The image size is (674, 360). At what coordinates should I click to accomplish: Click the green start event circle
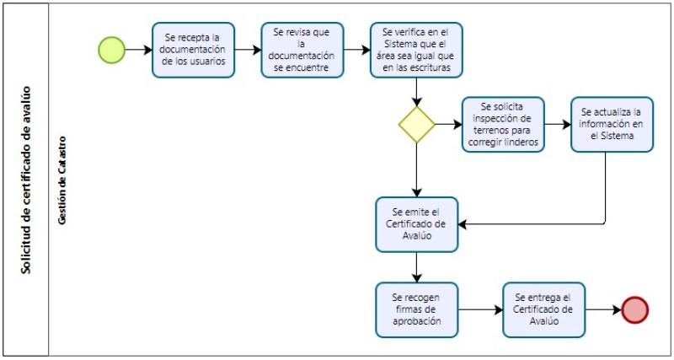click(x=111, y=50)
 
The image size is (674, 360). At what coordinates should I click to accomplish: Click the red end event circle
click(x=634, y=309)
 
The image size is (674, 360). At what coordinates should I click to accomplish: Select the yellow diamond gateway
click(x=417, y=125)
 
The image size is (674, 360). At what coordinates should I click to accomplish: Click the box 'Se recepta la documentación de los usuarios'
click(x=193, y=50)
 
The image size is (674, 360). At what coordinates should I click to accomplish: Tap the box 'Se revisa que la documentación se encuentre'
click(x=302, y=50)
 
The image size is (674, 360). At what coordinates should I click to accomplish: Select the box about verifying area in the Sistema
click(x=416, y=50)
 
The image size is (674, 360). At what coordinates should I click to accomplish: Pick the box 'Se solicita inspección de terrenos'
click(x=503, y=125)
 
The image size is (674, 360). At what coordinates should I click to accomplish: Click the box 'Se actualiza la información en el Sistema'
click(x=612, y=125)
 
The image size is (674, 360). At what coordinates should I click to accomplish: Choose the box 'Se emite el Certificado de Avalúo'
click(x=417, y=224)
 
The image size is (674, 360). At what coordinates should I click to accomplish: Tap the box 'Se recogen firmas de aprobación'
click(x=417, y=309)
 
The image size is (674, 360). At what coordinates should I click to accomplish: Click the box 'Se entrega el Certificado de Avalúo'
click(x=543, y=309)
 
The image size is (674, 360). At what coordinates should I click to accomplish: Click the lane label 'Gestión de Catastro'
click(x=62, y=180)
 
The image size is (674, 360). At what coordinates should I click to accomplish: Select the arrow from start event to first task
click(x=138, y=50)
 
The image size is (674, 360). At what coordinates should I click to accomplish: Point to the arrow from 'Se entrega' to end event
click(x=602, y=309)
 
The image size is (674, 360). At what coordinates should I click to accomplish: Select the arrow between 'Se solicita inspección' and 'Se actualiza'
click(x=557, y=125)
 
